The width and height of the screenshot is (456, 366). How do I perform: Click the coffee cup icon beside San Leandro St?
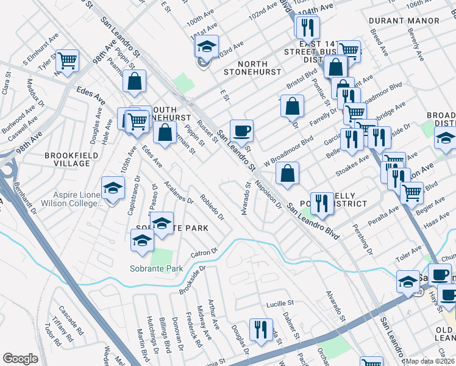coord(241,130)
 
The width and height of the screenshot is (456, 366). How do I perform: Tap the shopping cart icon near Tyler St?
coord(68,60)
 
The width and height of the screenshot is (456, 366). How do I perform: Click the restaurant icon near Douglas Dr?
coord(262,329)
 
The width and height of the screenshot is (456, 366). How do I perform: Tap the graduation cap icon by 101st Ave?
coord(207,48)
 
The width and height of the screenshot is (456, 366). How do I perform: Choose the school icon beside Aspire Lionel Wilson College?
coord(113,188)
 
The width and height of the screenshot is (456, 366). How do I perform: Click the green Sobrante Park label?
coord(156,268)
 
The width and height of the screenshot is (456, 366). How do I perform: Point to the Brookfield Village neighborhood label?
coord(71,160)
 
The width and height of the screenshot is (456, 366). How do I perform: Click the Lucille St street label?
coord(279,303)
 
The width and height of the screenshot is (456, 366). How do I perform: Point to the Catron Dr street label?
coord(204,252)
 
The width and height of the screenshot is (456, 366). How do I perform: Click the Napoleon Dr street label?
coord(268,194)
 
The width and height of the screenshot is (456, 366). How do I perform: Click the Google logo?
coord(20,359)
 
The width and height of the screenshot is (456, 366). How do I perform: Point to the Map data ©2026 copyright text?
coord(430,361)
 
